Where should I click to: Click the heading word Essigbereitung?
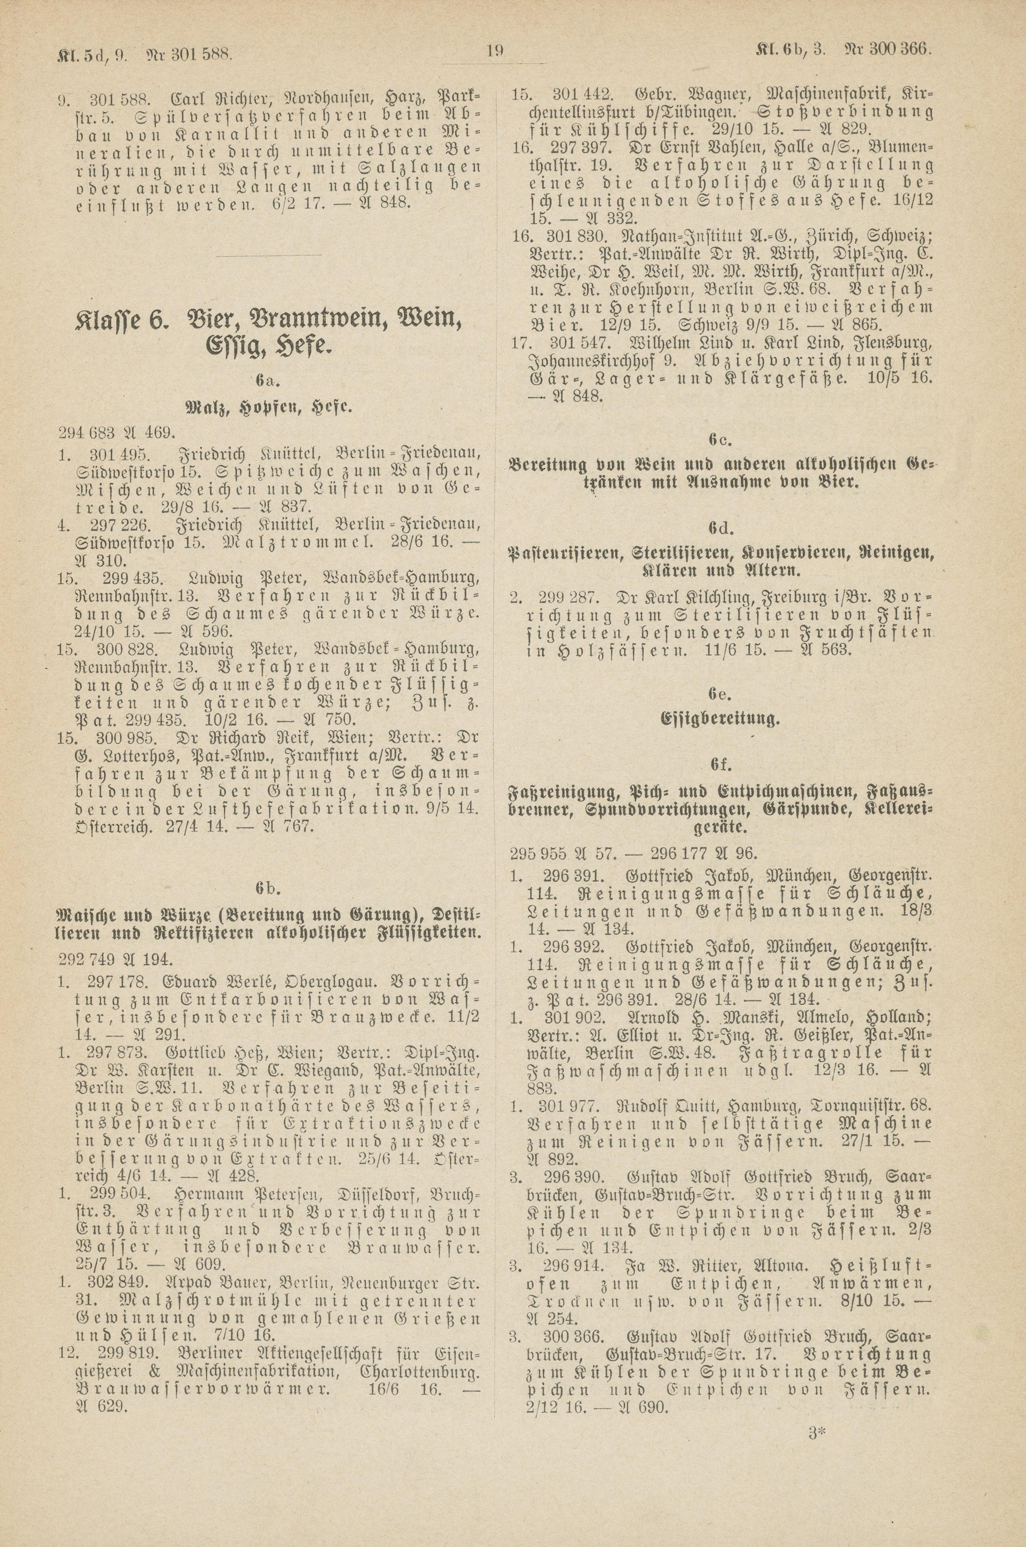(x=721, y=720)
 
